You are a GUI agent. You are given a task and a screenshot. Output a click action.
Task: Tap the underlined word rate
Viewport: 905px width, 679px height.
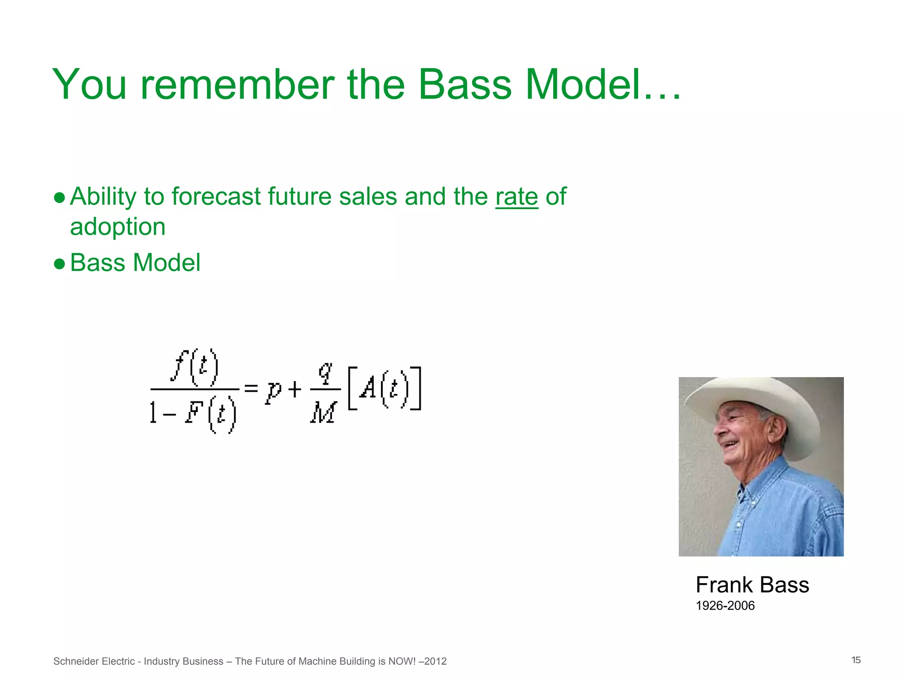(x=517, y=197)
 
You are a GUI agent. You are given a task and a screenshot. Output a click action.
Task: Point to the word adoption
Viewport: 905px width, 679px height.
(x=118, y=227)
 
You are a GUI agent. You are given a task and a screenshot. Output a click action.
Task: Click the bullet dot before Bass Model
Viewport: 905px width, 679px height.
(x=59, y=264)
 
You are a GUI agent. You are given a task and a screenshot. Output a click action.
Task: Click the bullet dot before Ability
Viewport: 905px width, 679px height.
(x=59, y=198)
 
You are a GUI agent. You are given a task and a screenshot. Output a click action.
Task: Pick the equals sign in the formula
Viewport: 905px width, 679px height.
(x=251, y=389)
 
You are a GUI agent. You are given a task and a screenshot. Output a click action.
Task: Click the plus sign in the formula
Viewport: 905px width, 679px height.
(x=295, y=389)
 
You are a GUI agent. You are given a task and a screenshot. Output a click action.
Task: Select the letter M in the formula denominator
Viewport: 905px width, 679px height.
(x=324, y=413)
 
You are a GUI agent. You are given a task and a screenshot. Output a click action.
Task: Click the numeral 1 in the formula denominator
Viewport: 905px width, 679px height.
(x=153, y=413)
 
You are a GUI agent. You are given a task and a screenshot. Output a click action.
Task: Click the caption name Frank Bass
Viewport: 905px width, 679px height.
(x=752, y=585)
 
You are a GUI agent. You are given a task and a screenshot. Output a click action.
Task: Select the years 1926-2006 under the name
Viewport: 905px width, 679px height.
(x=725, y=606)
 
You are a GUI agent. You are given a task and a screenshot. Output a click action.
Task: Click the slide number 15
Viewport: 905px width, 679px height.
(x=856, y=660)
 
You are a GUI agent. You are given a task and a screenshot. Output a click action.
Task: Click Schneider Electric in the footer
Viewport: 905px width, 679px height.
(x=94, y=661)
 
